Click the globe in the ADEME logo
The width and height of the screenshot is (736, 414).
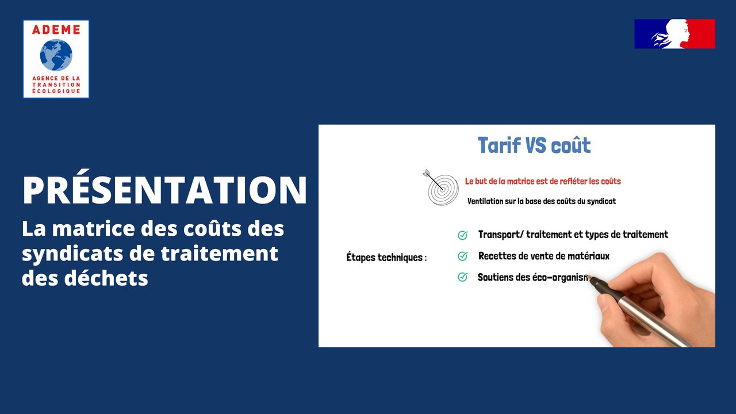(56, 55)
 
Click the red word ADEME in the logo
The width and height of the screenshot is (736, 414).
(56, 30)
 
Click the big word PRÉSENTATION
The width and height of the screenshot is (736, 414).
(164, 190)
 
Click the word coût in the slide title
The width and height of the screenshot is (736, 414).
(570, 145)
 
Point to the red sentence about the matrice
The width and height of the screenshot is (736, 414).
(543, 181)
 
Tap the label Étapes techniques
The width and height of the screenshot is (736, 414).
(386, 258)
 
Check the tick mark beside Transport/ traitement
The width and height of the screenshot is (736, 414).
(462, 235)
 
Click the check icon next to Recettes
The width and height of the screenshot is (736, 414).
(462, 256)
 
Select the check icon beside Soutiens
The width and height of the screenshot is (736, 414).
(462, 277)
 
